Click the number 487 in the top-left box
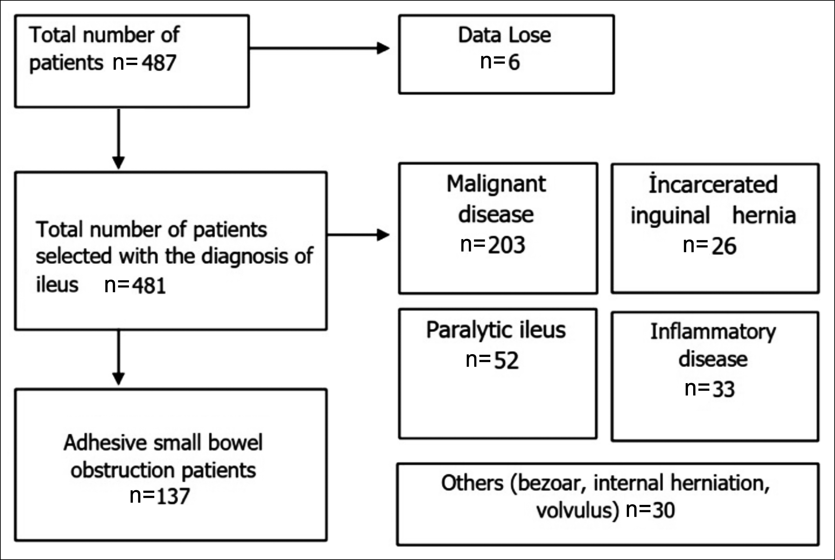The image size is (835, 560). pos(159,63)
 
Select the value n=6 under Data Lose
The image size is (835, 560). pos(500,62)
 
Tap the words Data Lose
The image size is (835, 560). pos(504,35)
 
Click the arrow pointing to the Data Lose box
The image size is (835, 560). pos(319,48)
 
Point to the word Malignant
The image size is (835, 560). pos(496,184)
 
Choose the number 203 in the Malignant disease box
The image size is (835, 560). pos(506,245)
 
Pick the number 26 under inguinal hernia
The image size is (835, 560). pos(724,246)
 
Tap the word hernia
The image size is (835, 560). pos(764,215)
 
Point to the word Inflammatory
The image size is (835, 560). pos(713,332)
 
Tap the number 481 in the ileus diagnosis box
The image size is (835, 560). pos(149,286)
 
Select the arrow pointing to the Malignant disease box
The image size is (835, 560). pos(358,235)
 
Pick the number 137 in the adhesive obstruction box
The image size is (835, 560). pos(173,496)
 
